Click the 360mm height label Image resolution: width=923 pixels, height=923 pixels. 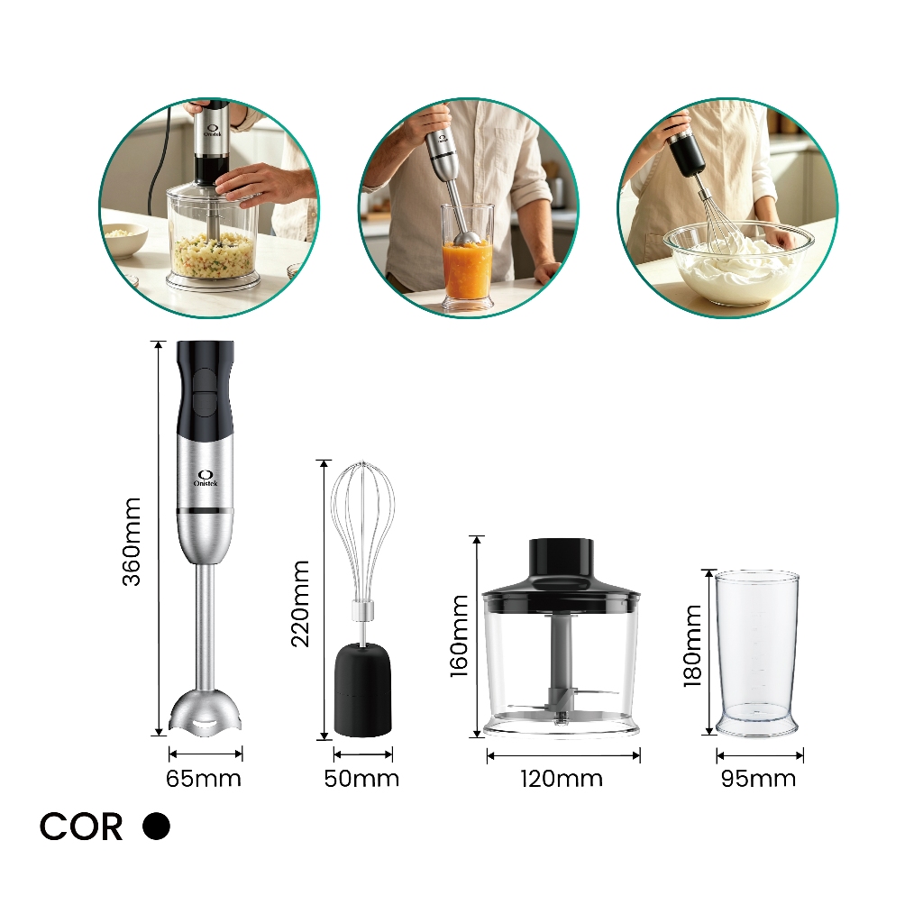[x=132, y=542]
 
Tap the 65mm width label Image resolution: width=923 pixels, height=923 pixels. [x=204, y=779]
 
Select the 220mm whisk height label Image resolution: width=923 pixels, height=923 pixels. [x=300, y=604]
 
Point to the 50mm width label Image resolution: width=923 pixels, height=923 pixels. [x=361, y=779]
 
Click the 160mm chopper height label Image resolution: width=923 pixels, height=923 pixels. [x=459, y=635]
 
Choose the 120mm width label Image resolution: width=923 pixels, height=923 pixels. [x=562, y=779]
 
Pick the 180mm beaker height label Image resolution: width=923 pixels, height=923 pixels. [x=693, y=645]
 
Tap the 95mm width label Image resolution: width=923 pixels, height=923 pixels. [x=758, y=779]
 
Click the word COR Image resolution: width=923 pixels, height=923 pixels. [x=81, y=827]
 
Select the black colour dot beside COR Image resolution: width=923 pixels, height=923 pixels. [x=156, y=826]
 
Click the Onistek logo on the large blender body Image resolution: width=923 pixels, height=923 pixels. [x=206, y=478]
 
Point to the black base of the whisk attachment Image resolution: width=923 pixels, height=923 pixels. [x=362, y=690]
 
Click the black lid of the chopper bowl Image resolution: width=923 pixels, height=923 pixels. [x=561, y=579]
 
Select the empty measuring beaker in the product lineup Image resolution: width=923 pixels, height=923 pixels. [x=756, y=653]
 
